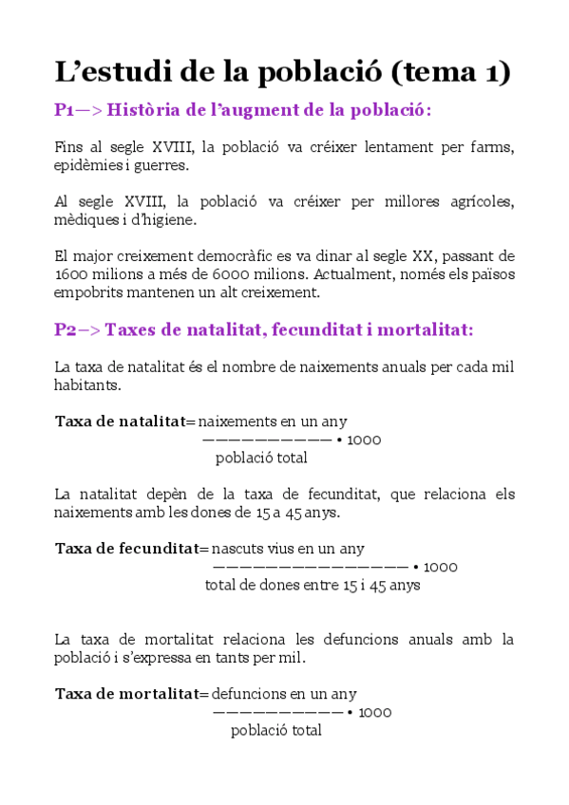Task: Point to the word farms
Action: point(493,148)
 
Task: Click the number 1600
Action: point(70,274)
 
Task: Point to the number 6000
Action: point(225,274)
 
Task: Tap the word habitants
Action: point(86,386)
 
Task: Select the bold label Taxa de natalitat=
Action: point(124,421)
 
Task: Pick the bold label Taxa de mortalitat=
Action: point(131,694)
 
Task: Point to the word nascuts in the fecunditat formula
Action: point(237,549)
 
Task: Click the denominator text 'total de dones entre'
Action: point(271,585)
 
